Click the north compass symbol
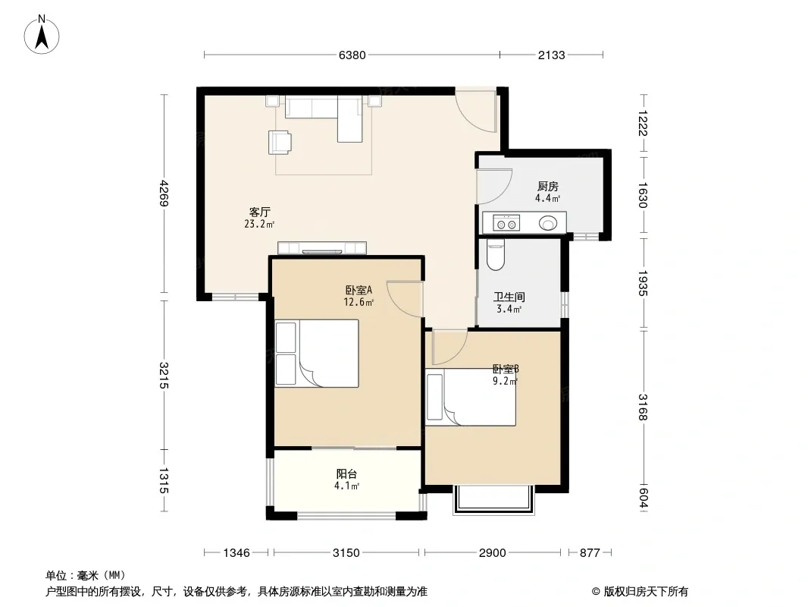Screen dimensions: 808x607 pyautogui.click(x=42, y=35)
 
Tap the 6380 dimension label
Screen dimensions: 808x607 pyautogui.click(x=352, y=55)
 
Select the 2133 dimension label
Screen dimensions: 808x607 pyautogui.click(x=551, y=55)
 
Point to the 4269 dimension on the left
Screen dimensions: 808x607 pyautogui.click(x=164, y=193)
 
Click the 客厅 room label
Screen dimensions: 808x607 pyautogui.click(x=260, y=212)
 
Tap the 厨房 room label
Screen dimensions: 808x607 pyautogui.click(x=547, y=186)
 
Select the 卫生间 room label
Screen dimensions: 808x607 pyautogui.click(x=509, y=297)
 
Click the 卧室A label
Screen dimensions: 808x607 pyautogui.click(x=359, y=291)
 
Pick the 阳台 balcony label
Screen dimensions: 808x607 pyautogui.click(x=346, y=474)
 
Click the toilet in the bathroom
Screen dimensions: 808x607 pyautogui.click(x=496, y=255)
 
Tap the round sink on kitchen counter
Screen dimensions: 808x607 pyautogui.click(x=548, y=223)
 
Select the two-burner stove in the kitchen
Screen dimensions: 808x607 pyautogui.click(x=506, y=224)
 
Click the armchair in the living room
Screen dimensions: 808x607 pyautogui.click(x=279, y=142)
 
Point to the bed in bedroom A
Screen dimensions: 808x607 pyautogui.click(x=317, y=354)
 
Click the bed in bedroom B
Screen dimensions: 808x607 pyautogui.click(x=471, y=397)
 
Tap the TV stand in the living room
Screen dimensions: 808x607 pyautogui.click(x=322, y=248)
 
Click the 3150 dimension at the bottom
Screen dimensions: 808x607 pyautogui.click(x=346, y=553)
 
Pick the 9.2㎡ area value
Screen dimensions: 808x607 pyautogui.click(x=505, y=382)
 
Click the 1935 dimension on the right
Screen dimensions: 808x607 pyautogui.click(x=643, y=283)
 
